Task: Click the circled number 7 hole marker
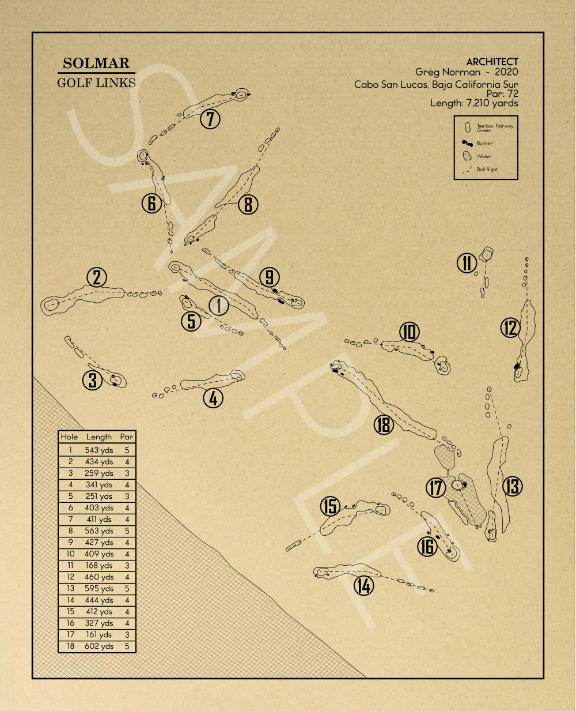click(x=210, y=119)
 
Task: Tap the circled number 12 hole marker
click(x=510, y=328)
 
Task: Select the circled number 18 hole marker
click(x=384, y=425)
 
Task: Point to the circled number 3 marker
click(x=92, y=380)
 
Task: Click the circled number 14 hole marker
click(x=363, y=586)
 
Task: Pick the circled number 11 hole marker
click(x=467, y=263)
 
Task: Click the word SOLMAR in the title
click(x=96, y=63)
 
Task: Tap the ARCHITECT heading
click(x=492, y=62)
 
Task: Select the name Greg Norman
click(x=448, y=72)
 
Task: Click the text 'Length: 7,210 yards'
click(x=473, y=103)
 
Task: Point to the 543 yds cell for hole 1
click(x=98, y=450)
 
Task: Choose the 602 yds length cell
click(x=98, y=646)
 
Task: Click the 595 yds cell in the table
click(x=98, y=589)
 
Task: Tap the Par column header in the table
click(x=127, y=437)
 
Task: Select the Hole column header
click(x=69, y=437)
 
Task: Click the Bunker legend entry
click(x=484, y=144)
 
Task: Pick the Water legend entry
click(x=483, y=156)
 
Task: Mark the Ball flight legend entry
click(x=487, y=170)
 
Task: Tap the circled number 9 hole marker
click(x=268, y=277)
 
